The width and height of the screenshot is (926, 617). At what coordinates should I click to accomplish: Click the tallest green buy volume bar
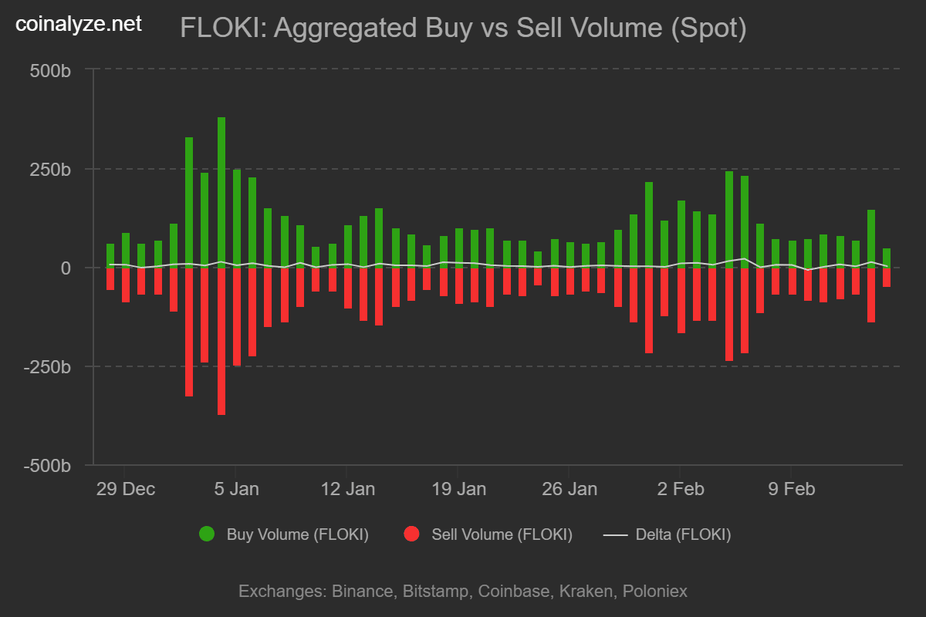click(221, 193)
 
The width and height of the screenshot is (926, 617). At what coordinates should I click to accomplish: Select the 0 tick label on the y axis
click(66, 268)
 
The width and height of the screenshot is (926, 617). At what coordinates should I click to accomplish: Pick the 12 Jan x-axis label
click(347, 489)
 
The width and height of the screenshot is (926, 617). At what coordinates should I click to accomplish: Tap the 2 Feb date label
click(680, 489)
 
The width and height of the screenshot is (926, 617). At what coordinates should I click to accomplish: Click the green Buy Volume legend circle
click(207, 534)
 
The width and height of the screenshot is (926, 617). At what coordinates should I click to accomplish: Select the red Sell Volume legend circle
click(411, 534)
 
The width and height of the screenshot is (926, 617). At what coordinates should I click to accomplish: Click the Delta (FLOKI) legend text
click(683, 534)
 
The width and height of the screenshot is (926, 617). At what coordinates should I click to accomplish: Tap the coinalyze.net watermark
click(79, 24)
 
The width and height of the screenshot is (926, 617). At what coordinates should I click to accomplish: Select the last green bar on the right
click(887, 258)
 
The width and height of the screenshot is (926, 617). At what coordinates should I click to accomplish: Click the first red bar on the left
click(110, 278)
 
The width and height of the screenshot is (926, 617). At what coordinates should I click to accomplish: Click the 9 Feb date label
click(791, 489)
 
